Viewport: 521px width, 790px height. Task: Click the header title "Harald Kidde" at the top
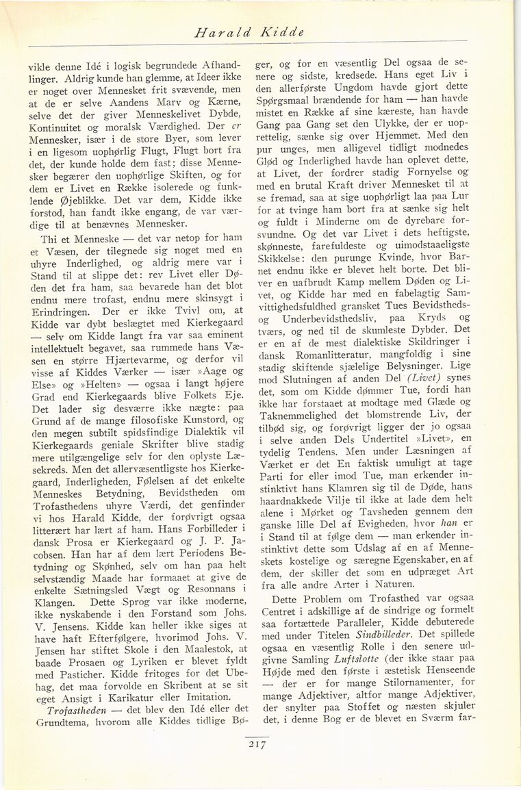(x=250, y=32)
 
